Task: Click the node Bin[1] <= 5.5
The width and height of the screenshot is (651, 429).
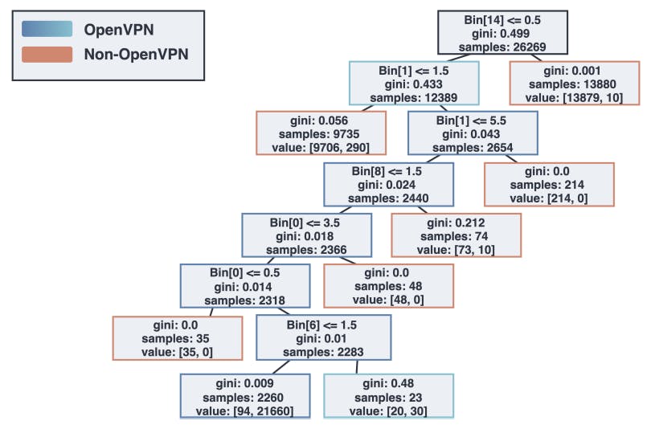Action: coord(473,133)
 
